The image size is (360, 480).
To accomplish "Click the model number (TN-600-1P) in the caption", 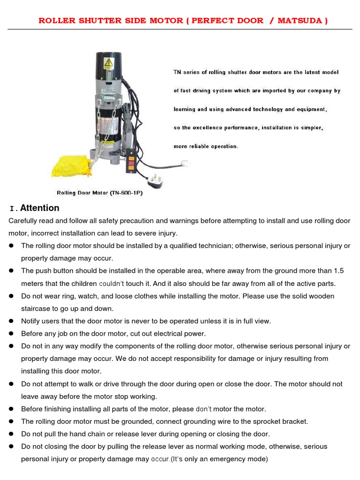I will pos(126,193).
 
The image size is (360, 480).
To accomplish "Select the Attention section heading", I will pos(39,208).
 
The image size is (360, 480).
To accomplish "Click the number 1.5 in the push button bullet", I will pos(338,271).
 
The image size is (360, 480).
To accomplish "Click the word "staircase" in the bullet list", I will pos(36,308).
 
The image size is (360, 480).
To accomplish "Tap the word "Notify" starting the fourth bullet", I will pos(31,321).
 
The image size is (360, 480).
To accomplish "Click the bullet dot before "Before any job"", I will pos(11,334).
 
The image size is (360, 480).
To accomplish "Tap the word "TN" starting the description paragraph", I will pos(177,72).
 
